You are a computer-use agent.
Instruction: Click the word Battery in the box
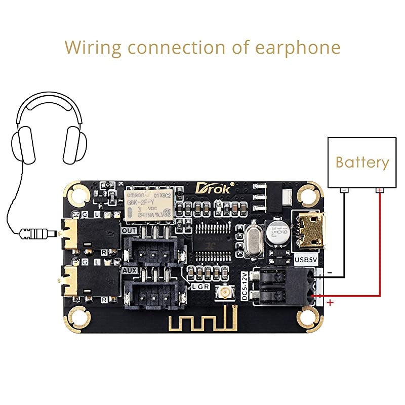pos(362,163)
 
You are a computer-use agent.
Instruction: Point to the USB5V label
pos(306,261)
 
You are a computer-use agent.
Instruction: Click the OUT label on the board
pos(129,230)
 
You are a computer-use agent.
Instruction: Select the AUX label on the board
pos(129,271)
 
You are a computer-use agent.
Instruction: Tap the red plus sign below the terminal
pos(331,303)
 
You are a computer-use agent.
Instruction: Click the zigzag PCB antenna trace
pos(202,321)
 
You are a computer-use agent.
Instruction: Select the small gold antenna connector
pos(222,292)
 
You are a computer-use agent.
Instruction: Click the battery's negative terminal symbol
pos(344,190)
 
